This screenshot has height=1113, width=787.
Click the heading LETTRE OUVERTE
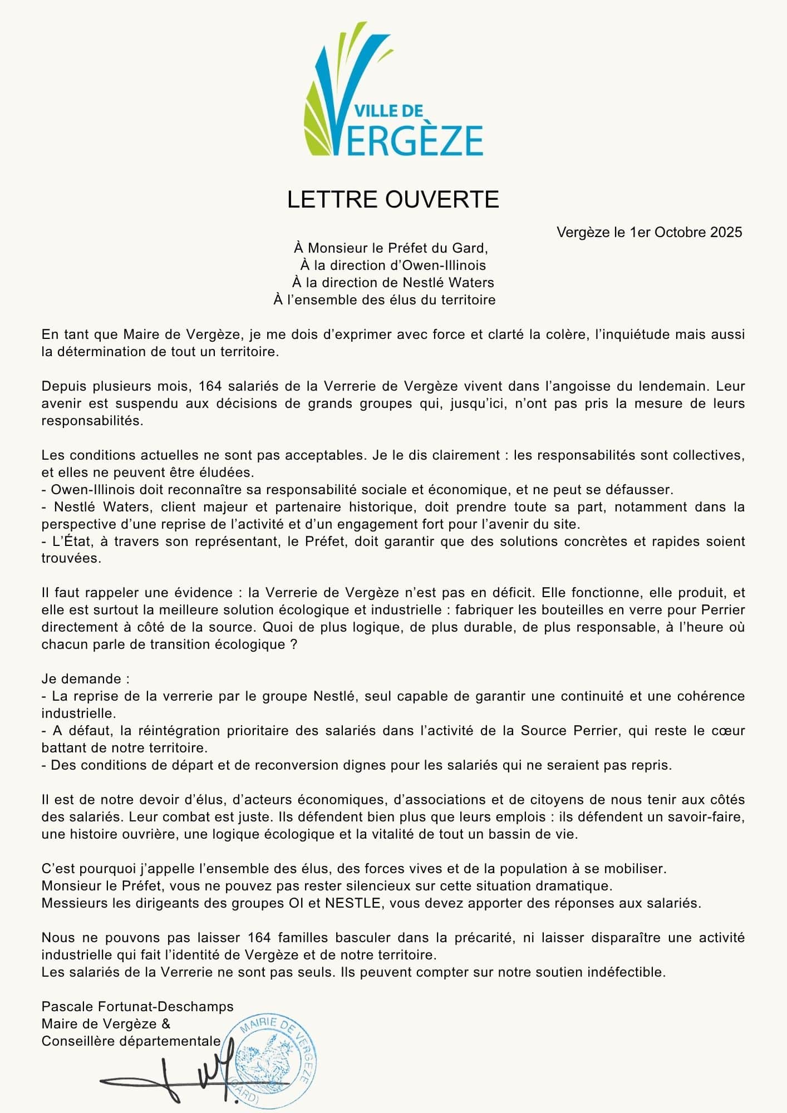tap(393, 200)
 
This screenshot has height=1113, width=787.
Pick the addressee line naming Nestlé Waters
tap(393, 282)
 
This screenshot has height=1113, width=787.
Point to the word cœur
tap(729, 730)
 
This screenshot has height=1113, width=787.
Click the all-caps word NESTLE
tap(355, 903)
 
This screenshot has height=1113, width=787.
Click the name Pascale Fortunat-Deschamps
tap(137, 1006)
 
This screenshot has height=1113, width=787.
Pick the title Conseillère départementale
tap(131, 1041)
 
